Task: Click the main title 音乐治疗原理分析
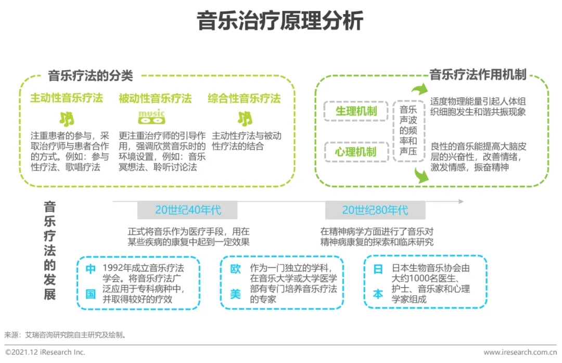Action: pos(280,20)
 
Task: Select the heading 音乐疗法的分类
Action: pos(91,75)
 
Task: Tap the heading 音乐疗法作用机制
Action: pos(478,74)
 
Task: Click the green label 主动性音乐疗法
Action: pos(66,98)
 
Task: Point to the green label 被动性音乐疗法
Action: pos(155,98)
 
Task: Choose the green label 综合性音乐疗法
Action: pos(244,98)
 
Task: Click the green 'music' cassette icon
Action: pos(151,117)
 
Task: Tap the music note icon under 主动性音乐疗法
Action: pos(67,119)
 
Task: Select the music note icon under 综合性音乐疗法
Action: pos(245,119)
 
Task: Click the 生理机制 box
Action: pos(356,111)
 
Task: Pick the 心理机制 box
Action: pos(356,152)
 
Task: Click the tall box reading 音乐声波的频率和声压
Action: pos(408,131)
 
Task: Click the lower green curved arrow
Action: pos(421,176)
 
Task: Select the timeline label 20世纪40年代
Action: pos(187,210)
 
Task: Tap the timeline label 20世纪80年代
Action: pos(375,210)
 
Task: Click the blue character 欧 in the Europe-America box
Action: pos(236,269)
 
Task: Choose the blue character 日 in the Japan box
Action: pos(378,269)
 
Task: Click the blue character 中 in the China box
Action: pos(91,269)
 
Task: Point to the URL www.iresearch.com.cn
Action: pos(520,352)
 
